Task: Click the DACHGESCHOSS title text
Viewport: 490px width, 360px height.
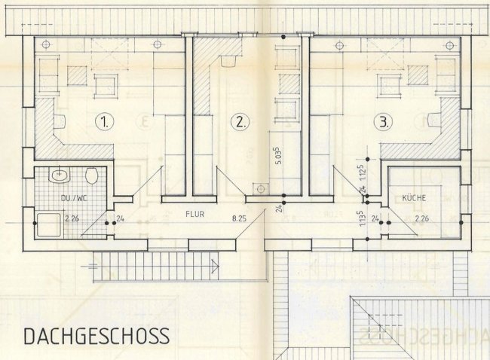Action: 96,335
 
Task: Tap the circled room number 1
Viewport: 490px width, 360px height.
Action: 104,121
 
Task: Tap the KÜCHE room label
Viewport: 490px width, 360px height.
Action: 414,198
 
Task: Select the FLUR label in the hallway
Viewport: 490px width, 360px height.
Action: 195,213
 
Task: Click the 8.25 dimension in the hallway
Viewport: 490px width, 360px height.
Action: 240,219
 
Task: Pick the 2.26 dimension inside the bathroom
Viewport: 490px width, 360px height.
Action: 72,220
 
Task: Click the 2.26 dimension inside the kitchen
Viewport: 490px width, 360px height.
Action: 423,219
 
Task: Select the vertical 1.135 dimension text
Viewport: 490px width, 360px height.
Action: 363,218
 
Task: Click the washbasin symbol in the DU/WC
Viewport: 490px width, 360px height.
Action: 58,177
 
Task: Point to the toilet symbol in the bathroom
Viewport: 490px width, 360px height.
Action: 91,176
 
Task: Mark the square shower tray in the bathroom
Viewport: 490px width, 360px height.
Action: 50,221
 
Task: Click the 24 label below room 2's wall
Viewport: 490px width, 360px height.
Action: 277,207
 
